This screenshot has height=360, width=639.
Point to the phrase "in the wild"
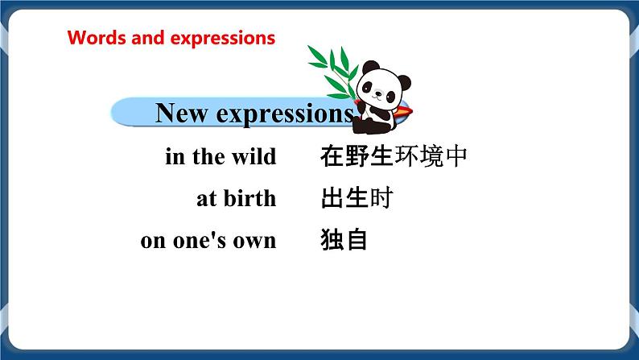(x=221, y=156)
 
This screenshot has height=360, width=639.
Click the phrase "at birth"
(x=236, y=198)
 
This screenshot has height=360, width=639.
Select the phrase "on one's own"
(x=208, y=240)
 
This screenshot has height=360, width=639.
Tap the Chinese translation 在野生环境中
(x=393, y=155)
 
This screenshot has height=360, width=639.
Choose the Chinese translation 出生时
(x=356, y=197)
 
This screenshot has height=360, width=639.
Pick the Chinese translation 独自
(x=344, y=239)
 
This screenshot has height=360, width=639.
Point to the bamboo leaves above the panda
(x=332, y=64)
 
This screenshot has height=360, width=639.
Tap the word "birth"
(x=249, y=198)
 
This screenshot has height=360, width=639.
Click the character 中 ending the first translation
(x=456, y=155)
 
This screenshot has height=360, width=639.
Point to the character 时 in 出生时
(x=380, y=197)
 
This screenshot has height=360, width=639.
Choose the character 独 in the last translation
(x=332, y=239)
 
